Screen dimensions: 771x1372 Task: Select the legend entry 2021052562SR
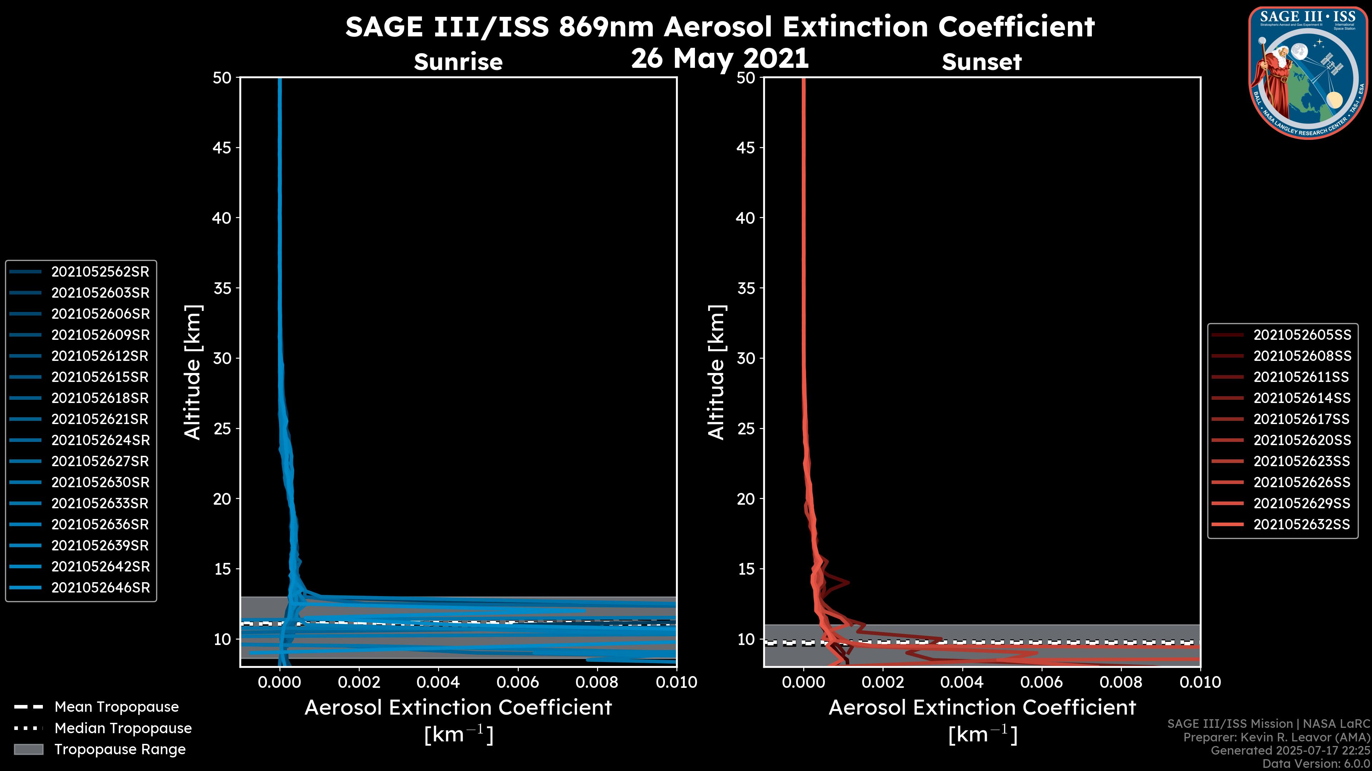pos(100,272)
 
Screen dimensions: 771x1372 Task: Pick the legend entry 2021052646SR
pos(100,588)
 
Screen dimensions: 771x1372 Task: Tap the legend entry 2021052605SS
pos(1302,335)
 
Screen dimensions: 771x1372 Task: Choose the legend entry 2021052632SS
pos(1302,525)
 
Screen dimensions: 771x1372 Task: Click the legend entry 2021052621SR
pos(100,419)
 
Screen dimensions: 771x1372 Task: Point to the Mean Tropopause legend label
pos(116,707)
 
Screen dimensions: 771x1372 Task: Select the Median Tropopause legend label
pos(123,729)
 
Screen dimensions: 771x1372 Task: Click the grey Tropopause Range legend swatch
pos(28,749)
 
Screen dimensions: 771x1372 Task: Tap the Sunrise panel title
pos(458,62)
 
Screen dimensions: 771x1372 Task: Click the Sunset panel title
pos(981,62)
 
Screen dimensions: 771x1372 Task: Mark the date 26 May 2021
pos(720,59)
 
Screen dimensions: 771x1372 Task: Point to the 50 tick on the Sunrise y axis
pos(222,78)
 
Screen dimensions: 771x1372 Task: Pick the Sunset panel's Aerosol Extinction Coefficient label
pos(981,708)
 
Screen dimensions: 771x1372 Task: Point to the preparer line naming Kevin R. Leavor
pos(1276,737)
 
